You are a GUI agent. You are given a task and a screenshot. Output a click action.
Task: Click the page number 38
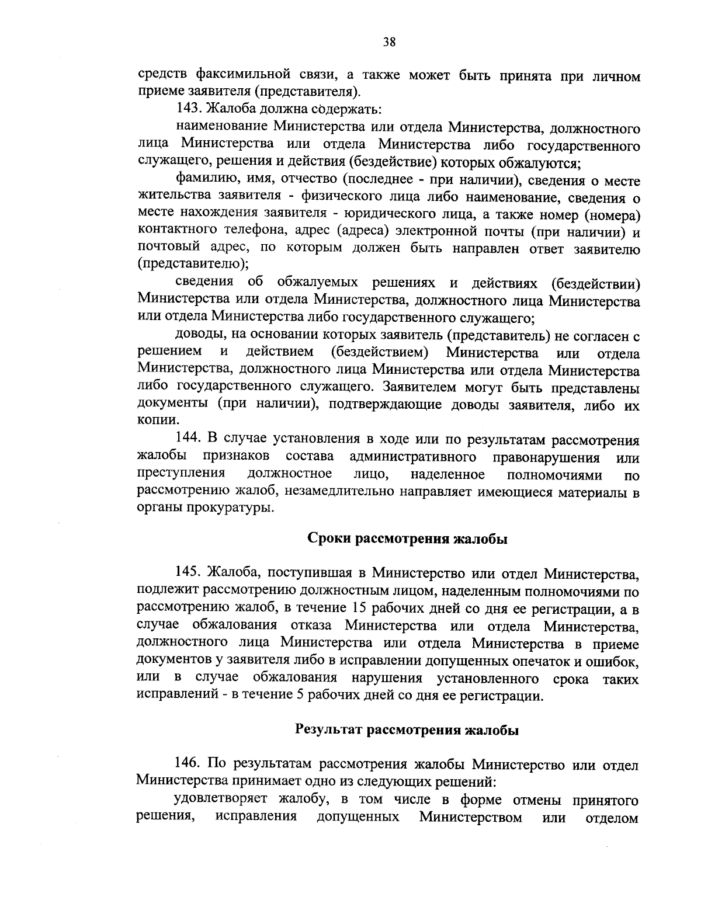click(390, 41)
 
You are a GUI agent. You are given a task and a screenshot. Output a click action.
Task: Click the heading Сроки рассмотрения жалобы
click(407, 538)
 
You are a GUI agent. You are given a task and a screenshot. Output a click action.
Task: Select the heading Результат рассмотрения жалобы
click(407, 729)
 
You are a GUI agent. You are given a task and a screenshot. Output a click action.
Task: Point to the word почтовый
click(166, 249)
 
